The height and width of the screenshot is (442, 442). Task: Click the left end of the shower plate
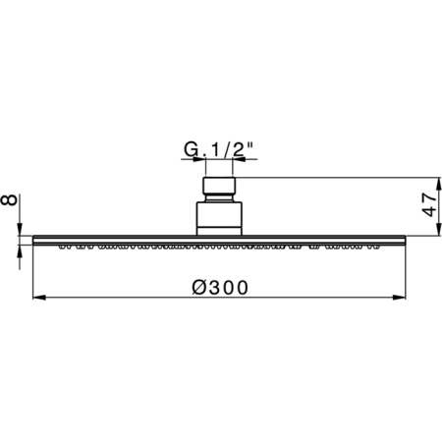tap(35, 240)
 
